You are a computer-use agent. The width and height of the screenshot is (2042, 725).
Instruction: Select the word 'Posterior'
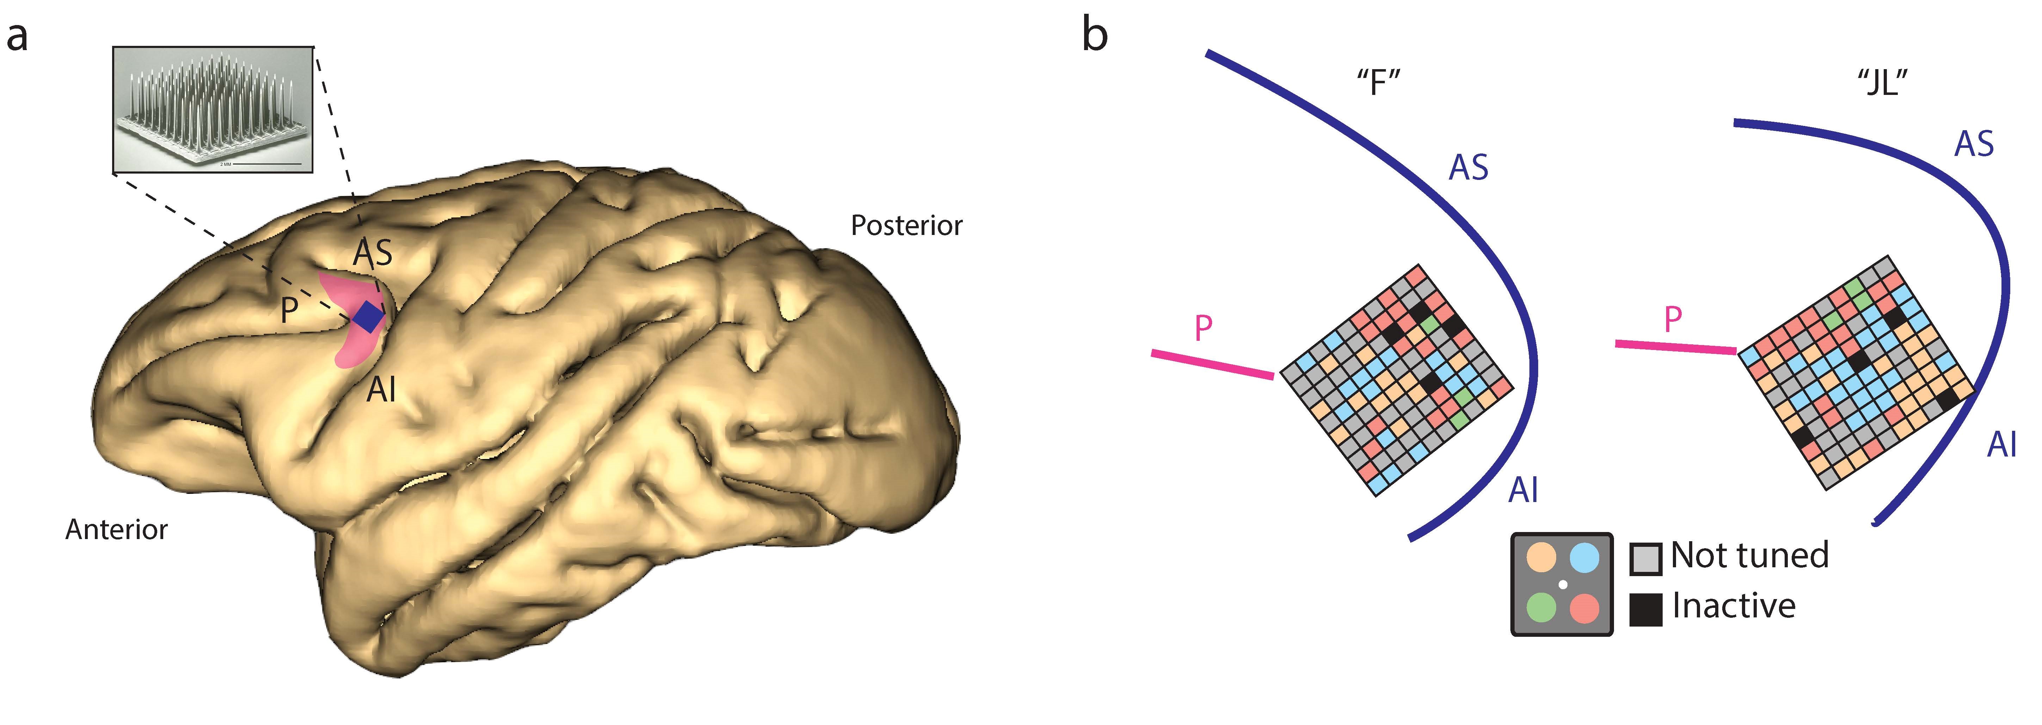(x=906, y=226)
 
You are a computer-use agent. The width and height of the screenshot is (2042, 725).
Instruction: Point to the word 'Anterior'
(x=117, y=529)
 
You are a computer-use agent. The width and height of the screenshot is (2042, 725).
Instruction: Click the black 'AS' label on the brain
(x=373, y=253)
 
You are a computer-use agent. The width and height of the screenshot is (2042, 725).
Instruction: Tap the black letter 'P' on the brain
(x=289, y=310)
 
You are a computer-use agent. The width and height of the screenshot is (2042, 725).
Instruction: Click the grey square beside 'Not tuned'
(x=1646, y=558)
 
